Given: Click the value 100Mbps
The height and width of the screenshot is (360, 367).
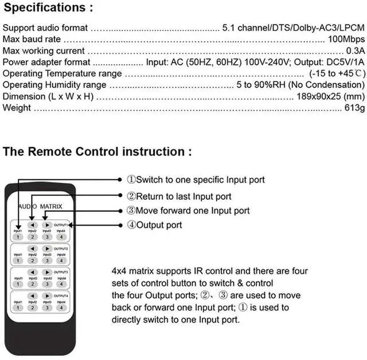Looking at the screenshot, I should point(346,39).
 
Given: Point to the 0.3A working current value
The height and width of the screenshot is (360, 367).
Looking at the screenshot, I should point(354,51).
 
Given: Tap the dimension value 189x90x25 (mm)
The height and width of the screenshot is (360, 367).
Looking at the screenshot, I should point(331,97).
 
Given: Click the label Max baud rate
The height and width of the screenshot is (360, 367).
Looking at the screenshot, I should point(32,39).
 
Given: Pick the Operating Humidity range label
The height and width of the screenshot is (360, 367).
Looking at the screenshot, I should point(54,85).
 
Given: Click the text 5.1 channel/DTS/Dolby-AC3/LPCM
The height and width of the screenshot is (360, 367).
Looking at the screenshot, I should point(293,28).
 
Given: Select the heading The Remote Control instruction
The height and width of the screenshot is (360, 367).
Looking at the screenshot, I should point(97,152).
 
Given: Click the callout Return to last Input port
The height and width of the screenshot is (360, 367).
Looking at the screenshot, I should point(179,196).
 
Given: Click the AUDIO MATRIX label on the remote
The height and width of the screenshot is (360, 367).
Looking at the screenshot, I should point(40,206).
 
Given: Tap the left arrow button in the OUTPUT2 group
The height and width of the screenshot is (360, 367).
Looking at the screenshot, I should point(33,248).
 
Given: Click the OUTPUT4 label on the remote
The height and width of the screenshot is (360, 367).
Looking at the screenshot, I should point(61,296).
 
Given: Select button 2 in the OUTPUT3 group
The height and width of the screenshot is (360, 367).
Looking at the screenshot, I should point(33,284).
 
